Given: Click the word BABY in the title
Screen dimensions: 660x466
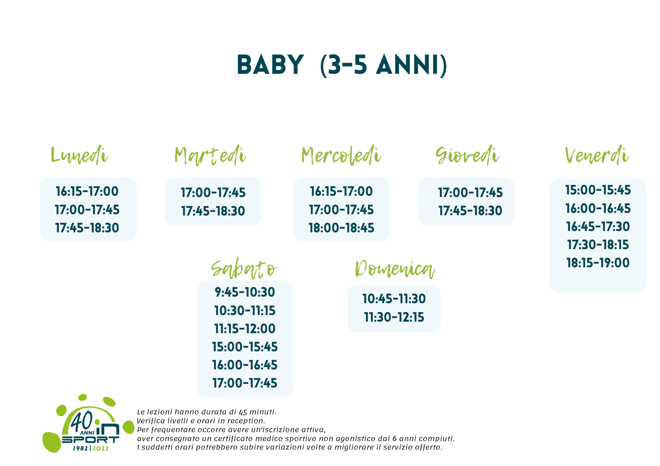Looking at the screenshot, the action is click(x=270, y=65).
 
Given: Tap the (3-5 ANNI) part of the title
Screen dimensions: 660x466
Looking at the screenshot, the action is click(x=384, y=65).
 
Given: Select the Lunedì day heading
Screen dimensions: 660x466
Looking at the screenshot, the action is click(x=79, y=155).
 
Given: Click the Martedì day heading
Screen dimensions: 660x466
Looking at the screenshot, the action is click(x=210, y=155).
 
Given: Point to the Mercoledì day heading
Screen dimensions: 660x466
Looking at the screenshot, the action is click(x=341, y=155).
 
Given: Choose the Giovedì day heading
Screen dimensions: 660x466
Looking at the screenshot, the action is click(x=467, y=155).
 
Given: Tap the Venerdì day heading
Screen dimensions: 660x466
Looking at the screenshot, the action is click(x=597, y=155).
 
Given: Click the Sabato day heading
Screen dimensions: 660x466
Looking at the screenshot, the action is click(x=244, y=269).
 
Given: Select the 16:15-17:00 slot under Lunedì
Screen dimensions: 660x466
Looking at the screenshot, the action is click(x=87, y=191).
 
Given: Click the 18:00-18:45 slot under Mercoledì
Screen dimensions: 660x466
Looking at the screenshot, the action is click(x=342, y=228).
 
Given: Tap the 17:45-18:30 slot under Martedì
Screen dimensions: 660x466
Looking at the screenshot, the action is click(x=213, y=211).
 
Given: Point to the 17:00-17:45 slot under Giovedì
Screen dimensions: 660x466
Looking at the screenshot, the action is click(x=470, y=193).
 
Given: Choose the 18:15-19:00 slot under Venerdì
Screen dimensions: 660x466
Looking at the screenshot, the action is click(x=598, y=263).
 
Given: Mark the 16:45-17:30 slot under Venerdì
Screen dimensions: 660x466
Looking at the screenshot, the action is click(x=598, y=227).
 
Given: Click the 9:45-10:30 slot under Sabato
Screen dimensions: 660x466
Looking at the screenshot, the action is click(x=245, y=292).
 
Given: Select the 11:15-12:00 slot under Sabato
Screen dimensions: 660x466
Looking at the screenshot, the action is click(x=245, y=329).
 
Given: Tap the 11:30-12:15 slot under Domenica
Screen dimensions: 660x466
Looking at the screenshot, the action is click(x=394, y=317).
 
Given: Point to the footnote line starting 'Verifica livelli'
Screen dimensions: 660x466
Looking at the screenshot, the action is click(x=201, y=421).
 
